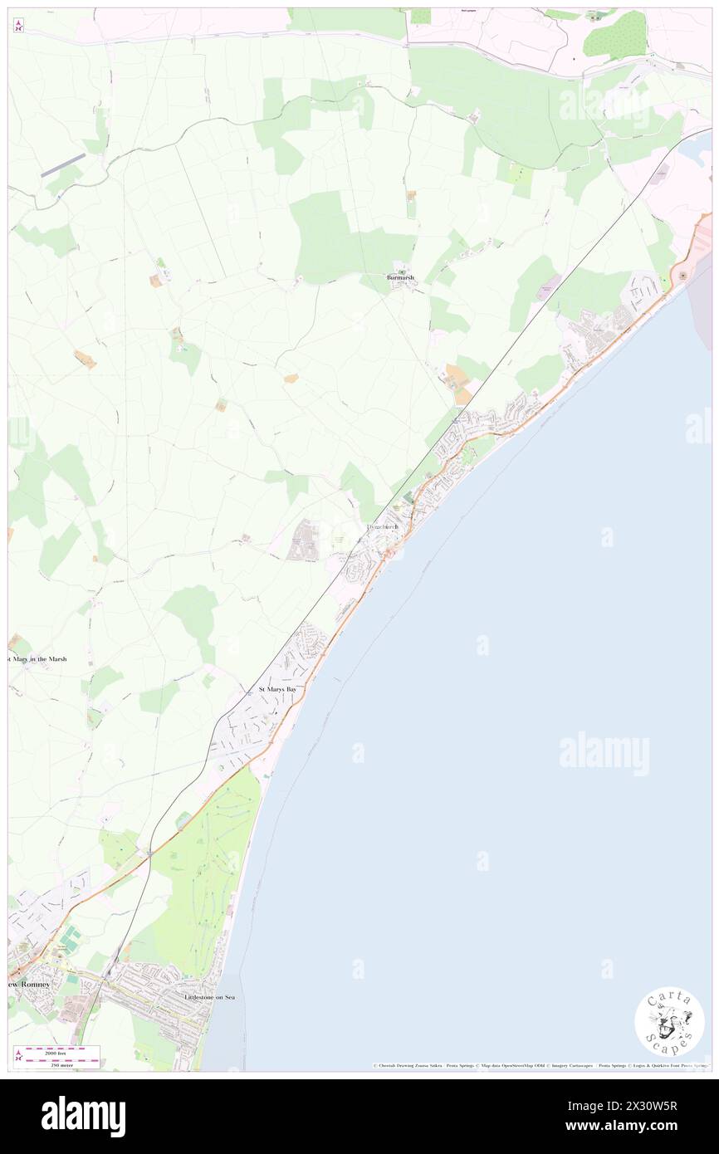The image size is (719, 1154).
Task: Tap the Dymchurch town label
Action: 384,527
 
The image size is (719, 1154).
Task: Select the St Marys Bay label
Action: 277,689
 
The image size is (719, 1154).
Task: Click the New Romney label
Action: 29,984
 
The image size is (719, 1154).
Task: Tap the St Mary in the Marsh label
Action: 37,659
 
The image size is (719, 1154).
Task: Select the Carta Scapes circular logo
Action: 669,1021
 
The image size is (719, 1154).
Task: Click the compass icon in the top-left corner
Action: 19,26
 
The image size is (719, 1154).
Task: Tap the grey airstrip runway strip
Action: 63,164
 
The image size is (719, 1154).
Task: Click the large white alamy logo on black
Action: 84,1116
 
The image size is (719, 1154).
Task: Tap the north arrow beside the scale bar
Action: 19,1056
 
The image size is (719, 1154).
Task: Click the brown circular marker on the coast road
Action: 683,275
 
